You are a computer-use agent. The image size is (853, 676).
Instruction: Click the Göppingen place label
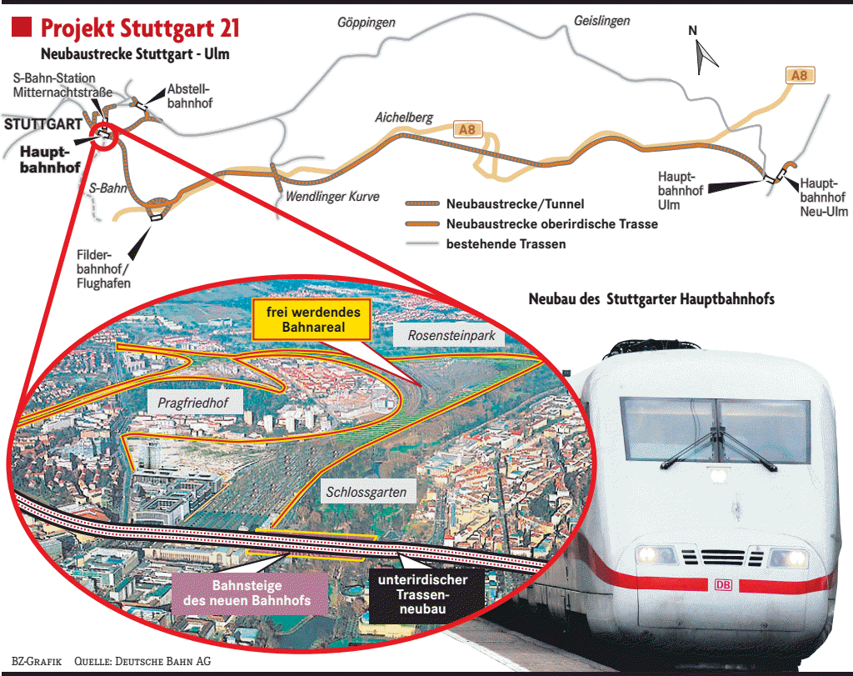click(366, 23)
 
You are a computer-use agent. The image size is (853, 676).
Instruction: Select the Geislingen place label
click(601, 21)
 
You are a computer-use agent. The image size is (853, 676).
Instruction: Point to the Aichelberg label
click(404, 118)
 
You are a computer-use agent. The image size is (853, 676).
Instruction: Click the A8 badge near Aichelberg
click(466, 129)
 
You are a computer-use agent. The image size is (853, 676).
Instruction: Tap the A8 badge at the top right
click(799, 76)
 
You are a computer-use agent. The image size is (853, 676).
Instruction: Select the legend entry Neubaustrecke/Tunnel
click(515, 203)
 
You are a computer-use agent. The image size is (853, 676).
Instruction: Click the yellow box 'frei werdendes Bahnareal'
click(312, 320)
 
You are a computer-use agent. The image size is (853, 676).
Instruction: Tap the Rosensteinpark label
click(451, 336)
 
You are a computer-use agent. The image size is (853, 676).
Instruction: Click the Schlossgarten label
click(367, 493)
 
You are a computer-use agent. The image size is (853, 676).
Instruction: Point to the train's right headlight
click(788, 557)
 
